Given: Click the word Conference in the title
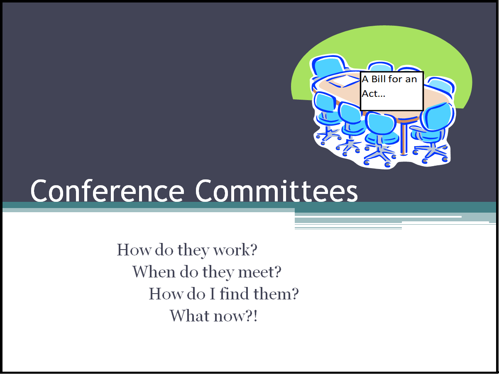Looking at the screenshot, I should click(x=107, y=191).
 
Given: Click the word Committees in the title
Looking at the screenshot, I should click(x=276, y=191).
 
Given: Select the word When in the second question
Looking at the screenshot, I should click(x=154, y=272).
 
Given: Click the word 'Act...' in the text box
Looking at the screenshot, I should click(x=374, y=94).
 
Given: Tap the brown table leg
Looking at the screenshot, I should click(x=403, y=137).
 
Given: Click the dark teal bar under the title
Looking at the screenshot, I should click(x=249, y=205).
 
